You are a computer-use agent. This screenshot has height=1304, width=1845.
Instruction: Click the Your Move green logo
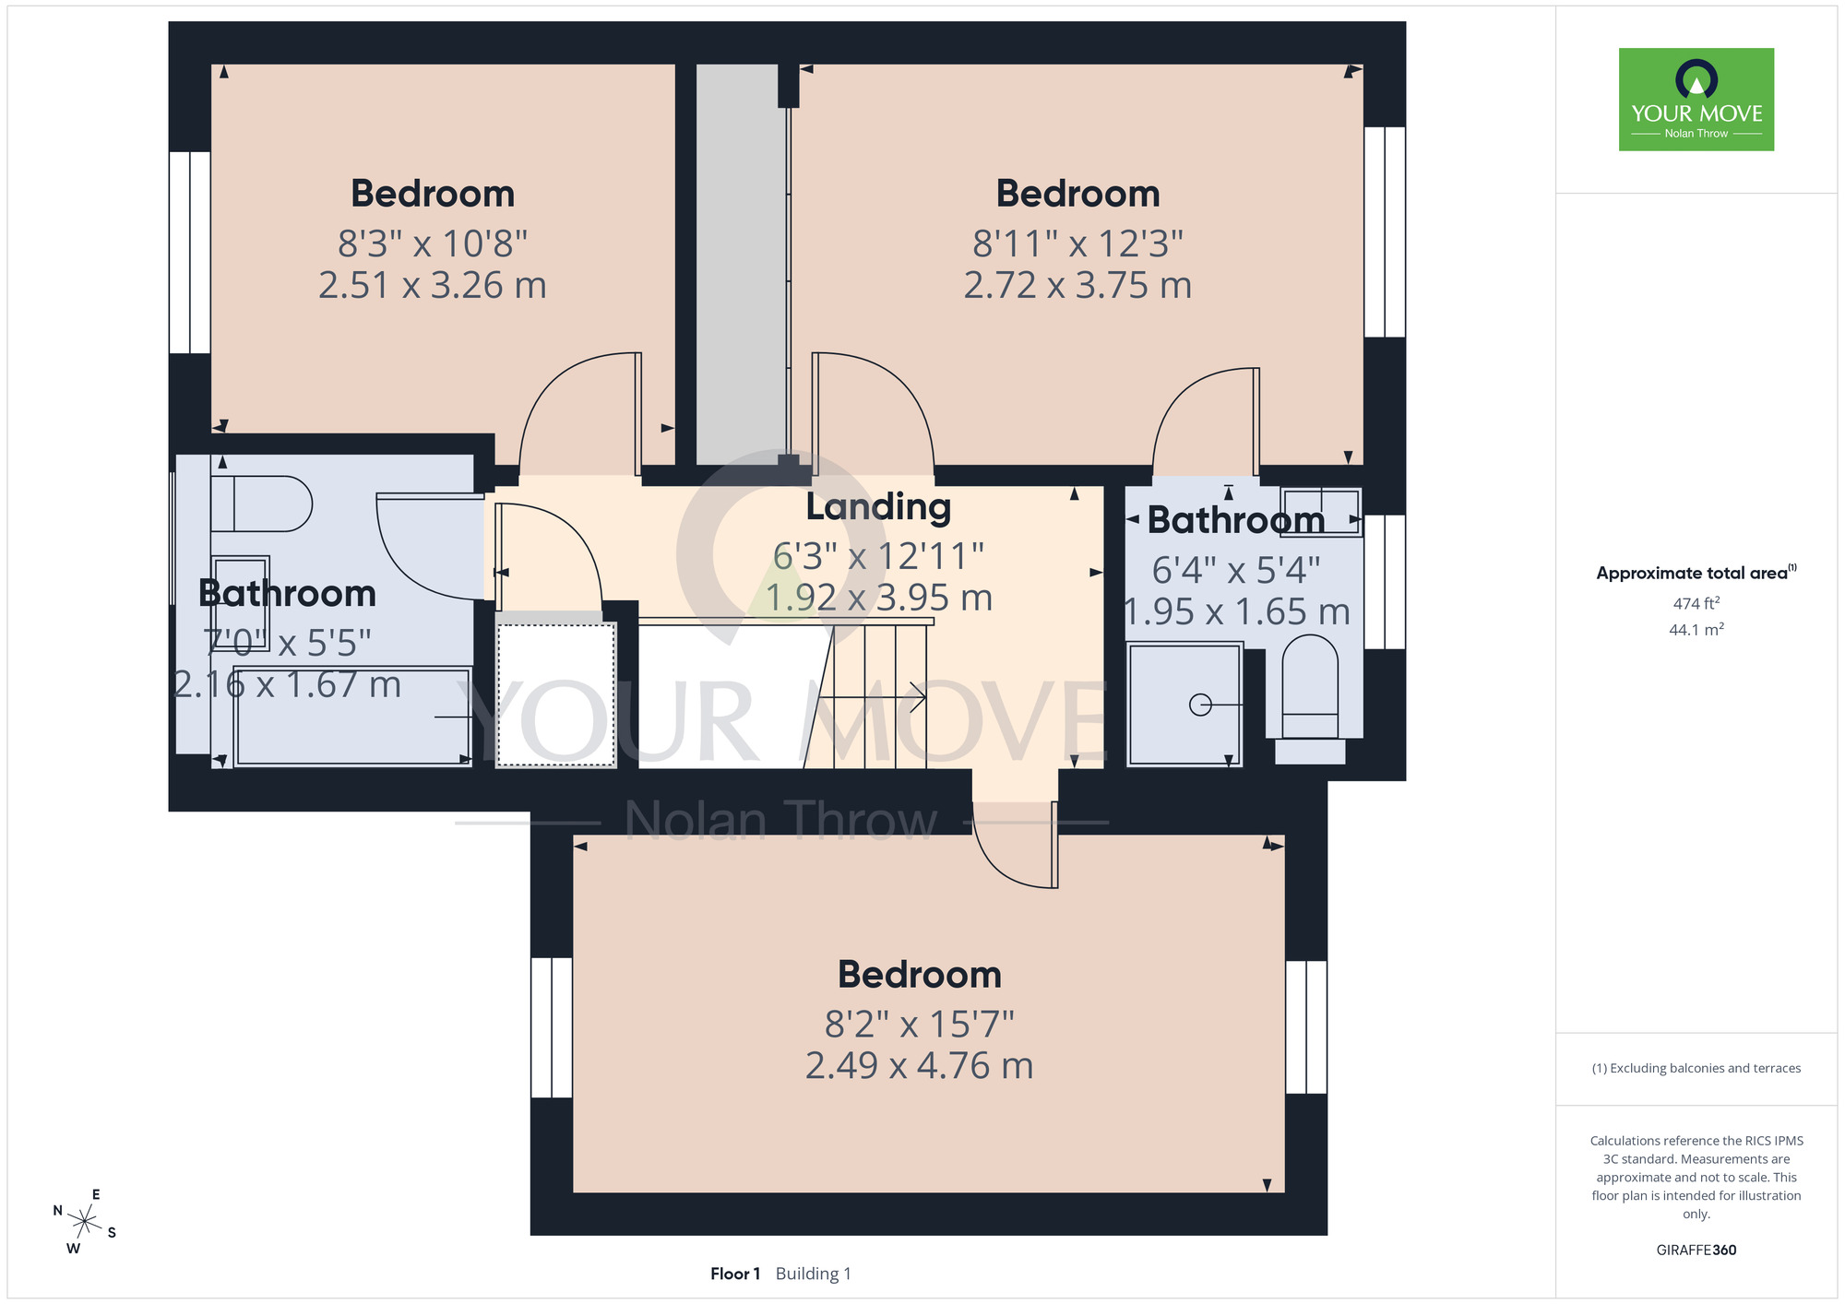pos(1696,100)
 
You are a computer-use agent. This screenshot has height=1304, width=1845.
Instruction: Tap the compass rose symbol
pos(85,1223)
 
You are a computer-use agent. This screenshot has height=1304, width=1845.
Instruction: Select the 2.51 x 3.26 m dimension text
pos(433,285)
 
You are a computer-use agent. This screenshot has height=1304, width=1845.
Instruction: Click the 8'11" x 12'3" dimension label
pos(1077,243)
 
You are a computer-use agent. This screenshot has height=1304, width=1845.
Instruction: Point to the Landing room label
pos(878,507)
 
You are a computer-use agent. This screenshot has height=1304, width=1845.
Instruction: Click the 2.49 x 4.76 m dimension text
pos(919,1065)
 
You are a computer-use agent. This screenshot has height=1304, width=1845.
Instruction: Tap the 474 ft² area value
pos(1696,603)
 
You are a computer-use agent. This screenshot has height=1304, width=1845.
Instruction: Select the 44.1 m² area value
pos(1696,630)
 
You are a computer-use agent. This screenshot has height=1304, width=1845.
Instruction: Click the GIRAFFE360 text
pos(1696,1251)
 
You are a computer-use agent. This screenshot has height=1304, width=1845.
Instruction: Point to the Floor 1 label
pos(735,1274)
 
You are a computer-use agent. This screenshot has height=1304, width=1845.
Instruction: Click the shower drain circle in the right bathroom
pos(1200,705)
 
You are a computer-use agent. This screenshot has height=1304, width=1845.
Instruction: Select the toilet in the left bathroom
pos(262,504)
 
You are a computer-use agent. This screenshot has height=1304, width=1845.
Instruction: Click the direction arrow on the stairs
pos(873,697)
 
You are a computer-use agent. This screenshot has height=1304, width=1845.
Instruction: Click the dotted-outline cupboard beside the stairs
pos(556,694)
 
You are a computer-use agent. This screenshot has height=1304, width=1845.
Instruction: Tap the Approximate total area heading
pos(1696,573)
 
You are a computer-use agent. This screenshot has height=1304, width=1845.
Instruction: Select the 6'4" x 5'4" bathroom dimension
pos(1236,570)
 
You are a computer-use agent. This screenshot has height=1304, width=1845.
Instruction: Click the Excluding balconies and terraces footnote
pos(1696,1068)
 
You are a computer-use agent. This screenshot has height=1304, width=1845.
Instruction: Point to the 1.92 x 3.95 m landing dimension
pos(879,598)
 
